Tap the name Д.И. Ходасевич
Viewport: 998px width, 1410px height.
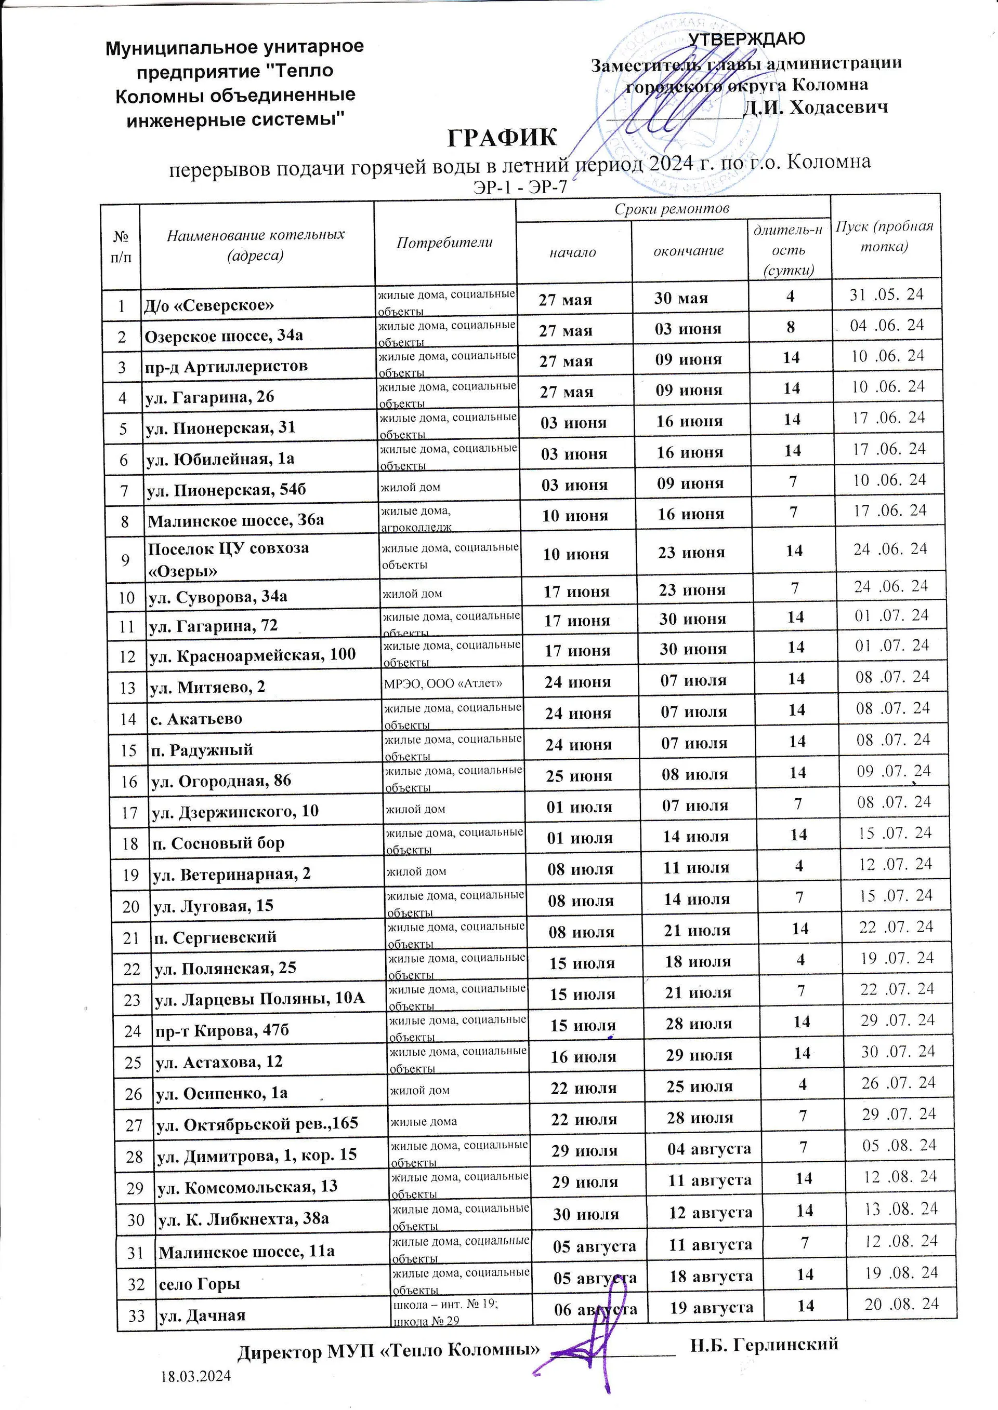[816, 108]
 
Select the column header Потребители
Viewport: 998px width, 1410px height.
[444, 242]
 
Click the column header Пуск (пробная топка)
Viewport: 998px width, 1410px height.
[884, 236]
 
